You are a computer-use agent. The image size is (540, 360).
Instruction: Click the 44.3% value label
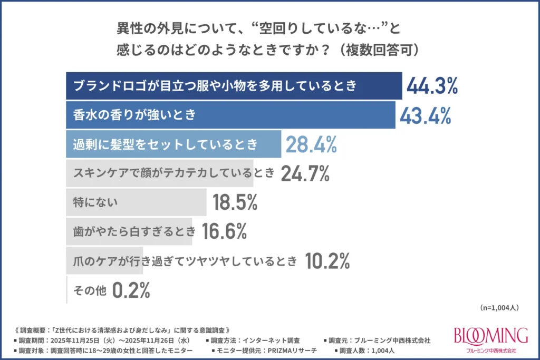[x=431, y=86]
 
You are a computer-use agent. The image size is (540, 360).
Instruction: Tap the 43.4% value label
[x=425, y=115]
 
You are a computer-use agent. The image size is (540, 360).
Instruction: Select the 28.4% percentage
[x=311, y=144]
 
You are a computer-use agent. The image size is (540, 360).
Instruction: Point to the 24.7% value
[x=305, y=173]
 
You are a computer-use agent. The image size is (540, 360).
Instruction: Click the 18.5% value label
[x=234, y=202]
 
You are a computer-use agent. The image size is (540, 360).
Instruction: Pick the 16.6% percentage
[x=224, y=231]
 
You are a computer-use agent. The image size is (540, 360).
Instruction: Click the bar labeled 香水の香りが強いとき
[x=230, y=115]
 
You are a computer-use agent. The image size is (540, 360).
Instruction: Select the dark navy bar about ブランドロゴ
[x=234, y=86]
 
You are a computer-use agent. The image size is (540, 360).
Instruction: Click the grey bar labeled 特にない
[x=136, y=202]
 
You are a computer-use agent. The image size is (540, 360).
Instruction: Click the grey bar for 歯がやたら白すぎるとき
[x=129, y=231]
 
